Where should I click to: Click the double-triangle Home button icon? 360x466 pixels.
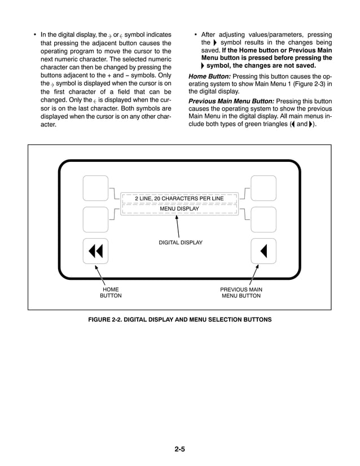95,250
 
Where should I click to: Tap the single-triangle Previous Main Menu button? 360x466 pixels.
263,250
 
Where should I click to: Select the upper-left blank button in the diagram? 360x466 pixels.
95,188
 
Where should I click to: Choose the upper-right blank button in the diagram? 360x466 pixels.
263,188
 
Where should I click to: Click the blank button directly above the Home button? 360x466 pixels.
95,219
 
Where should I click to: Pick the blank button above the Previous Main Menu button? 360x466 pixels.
263,219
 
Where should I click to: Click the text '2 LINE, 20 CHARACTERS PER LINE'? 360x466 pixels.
179,199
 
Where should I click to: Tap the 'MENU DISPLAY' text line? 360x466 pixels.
179,209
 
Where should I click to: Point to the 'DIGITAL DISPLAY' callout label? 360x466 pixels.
180,243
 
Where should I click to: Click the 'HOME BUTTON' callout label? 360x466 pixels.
111,292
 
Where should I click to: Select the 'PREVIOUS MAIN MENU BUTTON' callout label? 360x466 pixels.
241,292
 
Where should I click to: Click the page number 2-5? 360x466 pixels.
180,449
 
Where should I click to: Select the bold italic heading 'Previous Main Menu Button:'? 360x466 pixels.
231,101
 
